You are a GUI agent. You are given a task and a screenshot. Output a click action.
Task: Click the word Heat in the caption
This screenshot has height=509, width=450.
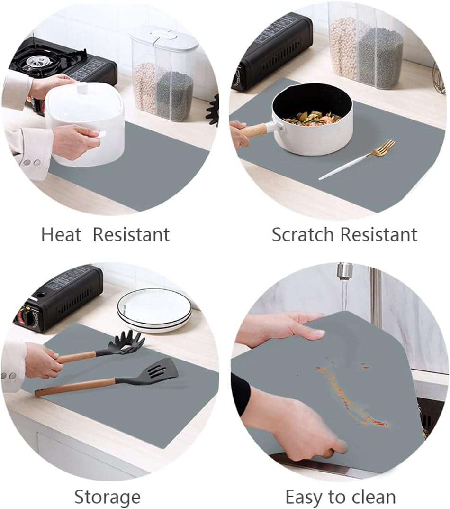(61, 234)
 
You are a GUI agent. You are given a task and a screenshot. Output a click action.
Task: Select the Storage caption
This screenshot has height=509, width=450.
(107, 498)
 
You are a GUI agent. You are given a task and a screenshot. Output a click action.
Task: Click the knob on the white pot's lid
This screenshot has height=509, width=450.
(82, 88)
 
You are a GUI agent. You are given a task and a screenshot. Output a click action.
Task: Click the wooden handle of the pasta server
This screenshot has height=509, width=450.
(78, 356)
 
